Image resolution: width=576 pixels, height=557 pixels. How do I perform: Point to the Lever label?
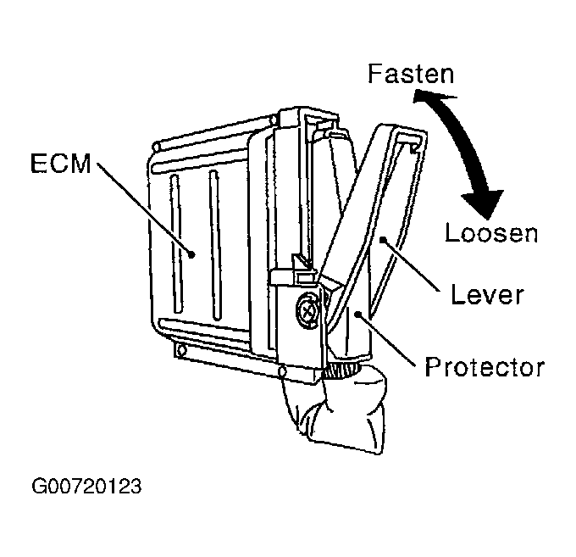(x=486, y=295)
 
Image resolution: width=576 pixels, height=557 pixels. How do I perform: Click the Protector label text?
(x=484, y=367)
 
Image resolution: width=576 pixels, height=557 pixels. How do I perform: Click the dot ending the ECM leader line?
(x=193, y=253)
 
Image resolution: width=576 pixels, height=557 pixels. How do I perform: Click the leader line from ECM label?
(x=144, y=209)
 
